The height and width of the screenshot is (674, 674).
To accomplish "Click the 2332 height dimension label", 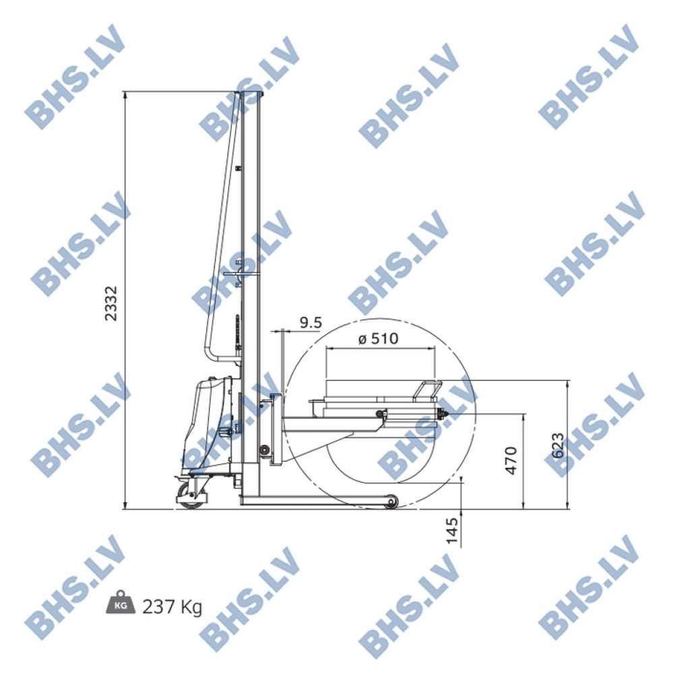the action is (x=111, y=303).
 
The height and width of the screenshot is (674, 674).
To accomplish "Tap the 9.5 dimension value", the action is (x=310, y=322).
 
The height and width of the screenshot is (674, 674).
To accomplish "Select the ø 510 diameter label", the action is (x=378, y=339).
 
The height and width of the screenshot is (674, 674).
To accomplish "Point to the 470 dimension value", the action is (x=511, y=460).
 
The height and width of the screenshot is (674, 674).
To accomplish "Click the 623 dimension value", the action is (x=557, y=446).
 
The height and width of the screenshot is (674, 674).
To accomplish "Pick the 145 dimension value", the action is (x=452, y=530).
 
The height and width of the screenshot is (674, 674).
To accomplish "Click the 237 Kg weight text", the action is (x=172, y=607).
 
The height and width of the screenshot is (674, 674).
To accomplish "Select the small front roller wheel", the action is (x=391, y=501).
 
